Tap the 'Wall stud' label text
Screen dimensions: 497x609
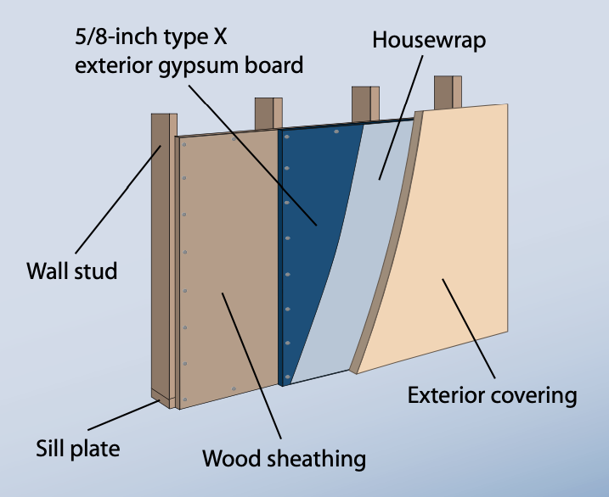[71, 272]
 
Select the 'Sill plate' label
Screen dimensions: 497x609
[77, 446]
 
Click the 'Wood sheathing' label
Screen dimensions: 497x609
[284, 460]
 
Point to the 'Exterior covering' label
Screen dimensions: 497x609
[492, 395]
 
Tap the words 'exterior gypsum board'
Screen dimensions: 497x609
[189, 65]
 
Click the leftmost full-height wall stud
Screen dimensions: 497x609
[161, 254]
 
